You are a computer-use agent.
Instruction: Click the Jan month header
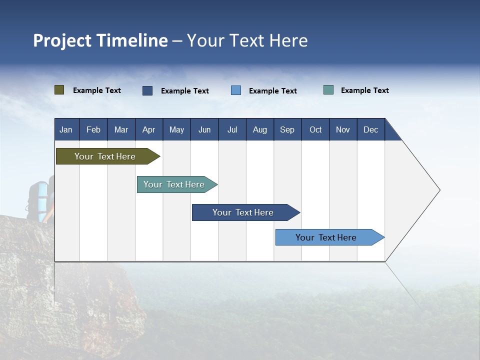(66, 129)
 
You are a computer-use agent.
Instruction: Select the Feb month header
(93, 129)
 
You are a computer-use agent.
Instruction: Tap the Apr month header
(148, 129)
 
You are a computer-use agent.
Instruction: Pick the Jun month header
(204, 129)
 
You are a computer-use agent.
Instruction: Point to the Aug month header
(259, 129)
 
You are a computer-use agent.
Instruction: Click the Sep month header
(287, 129)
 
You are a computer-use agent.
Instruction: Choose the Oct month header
(315, 129)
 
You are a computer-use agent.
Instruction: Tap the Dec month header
(370, 129)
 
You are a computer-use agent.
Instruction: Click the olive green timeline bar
(105, 156)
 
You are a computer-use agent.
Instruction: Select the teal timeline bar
(174, 184)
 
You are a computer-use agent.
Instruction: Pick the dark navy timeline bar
(243, 212)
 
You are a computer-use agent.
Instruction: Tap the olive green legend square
(59, 90)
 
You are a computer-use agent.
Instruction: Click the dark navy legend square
(147, 90)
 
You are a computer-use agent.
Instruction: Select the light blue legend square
(236, 90)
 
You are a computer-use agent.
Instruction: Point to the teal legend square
(328, 90)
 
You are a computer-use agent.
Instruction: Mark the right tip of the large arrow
(439, 190)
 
